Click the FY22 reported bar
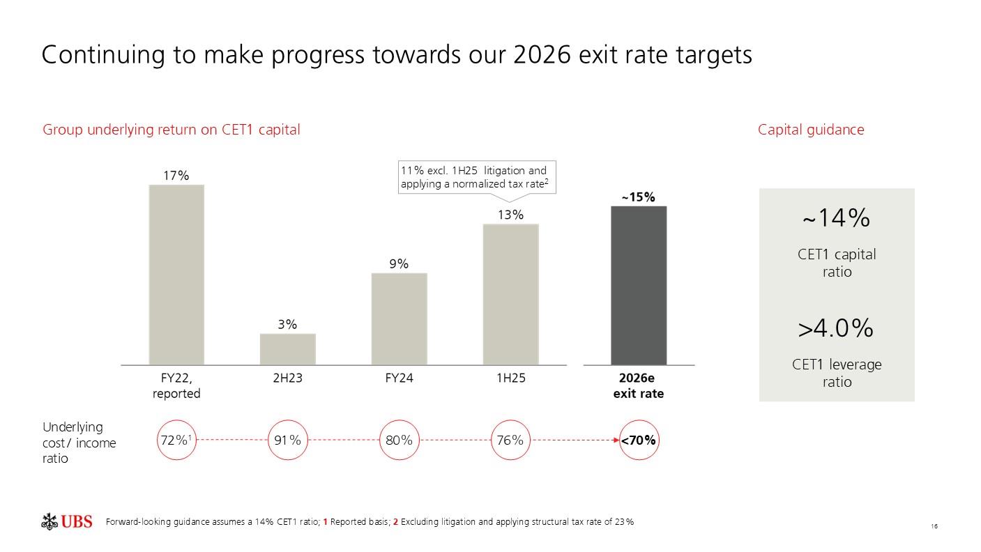176,275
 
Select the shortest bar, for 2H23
287,349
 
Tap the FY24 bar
399,319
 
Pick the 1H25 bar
510,294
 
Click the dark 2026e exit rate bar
639,285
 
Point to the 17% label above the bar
176,176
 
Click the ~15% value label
639,197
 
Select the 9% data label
399,264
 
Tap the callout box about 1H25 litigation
477,178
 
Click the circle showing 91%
288,440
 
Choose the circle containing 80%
399,440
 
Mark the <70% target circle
639,440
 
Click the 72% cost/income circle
176,440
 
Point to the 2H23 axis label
287,378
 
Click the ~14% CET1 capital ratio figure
836,218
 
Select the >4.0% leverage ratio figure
836,328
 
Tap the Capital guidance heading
811,130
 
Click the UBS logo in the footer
67,521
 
